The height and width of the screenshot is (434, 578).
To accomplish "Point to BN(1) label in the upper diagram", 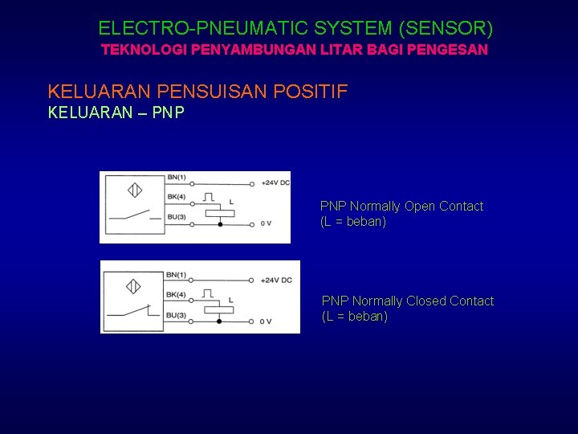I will (176, 178).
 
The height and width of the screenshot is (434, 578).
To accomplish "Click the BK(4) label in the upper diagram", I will (176, 197).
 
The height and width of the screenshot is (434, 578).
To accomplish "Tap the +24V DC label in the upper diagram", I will (276, 183).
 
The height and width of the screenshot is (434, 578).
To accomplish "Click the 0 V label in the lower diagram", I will (266, 321).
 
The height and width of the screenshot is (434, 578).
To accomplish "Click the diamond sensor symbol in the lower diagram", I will (133, 286).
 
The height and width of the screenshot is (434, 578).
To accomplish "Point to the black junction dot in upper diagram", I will (220, 224).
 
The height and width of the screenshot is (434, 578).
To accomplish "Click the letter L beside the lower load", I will (230, 301).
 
